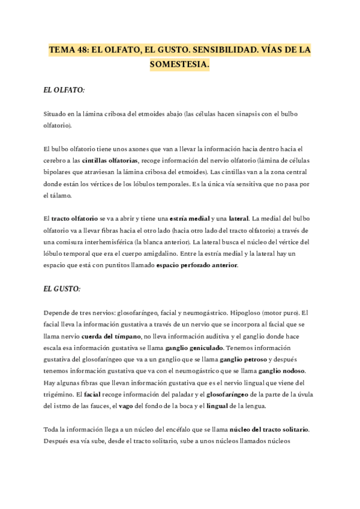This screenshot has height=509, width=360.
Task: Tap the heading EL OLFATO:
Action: tap(64, 90)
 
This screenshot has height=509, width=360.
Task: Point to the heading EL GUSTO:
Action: tap(62, 289)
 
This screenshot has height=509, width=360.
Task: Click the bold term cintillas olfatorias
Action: tap(110, 160)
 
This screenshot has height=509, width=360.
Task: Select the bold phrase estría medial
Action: tap(190, 218)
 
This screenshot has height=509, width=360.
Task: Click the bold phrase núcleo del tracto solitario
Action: tap(269, 430)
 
